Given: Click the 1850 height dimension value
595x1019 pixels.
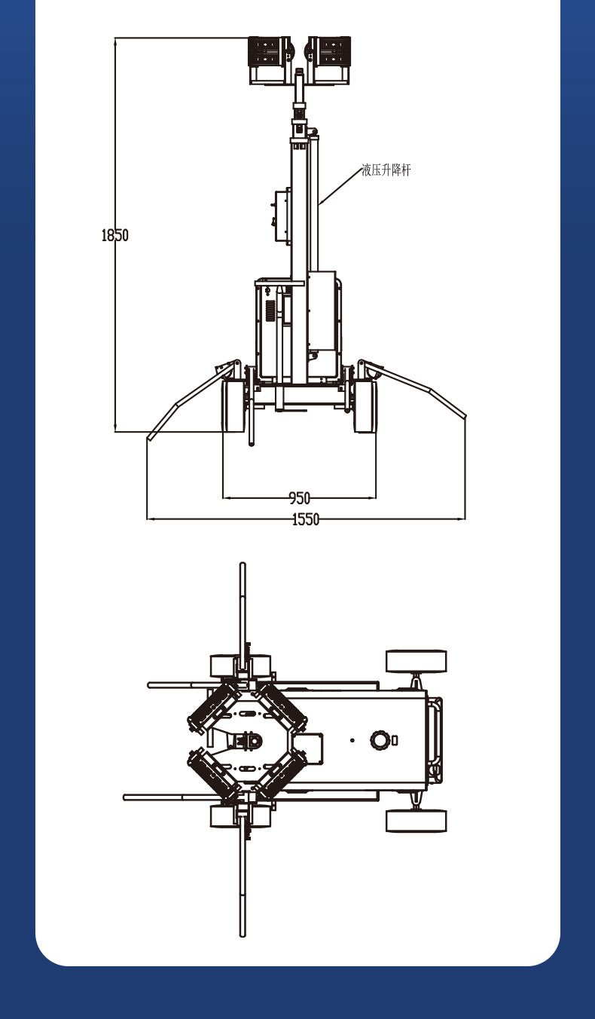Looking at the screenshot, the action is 115,235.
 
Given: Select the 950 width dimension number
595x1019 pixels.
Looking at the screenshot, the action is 300,498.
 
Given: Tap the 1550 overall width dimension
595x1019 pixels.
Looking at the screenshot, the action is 306,519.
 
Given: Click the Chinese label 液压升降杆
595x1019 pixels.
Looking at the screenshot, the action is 386,170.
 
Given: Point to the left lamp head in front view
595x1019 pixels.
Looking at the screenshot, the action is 270,60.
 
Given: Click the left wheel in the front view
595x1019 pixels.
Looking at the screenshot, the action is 233,406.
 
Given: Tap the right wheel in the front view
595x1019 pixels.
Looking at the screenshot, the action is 365,406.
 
